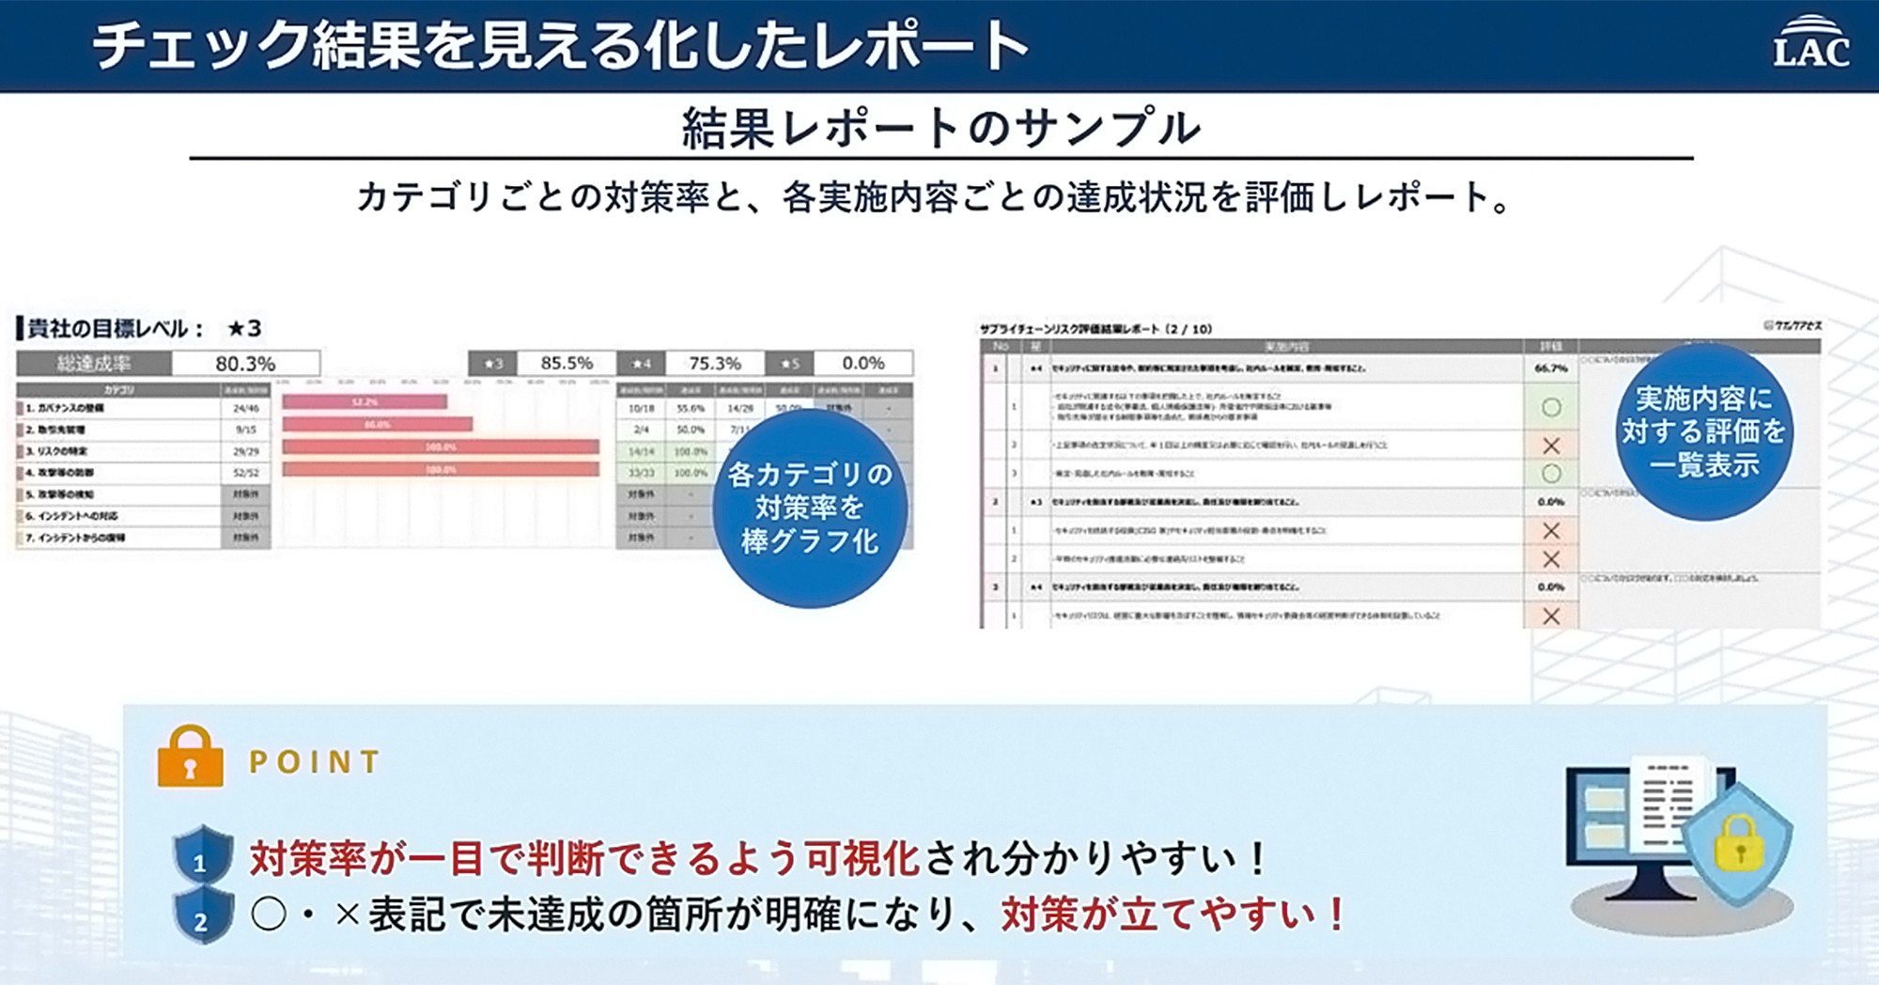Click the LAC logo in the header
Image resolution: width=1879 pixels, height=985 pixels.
pos(1810,44)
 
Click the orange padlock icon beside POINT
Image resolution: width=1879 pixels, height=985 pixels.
pos(191,757)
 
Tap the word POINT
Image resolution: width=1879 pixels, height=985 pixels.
pos(315,761)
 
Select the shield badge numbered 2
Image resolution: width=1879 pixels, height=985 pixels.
pos(202,916)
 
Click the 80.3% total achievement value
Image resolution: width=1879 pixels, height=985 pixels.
pos(245,364)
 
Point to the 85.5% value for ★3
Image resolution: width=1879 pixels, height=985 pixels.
pos(567,363)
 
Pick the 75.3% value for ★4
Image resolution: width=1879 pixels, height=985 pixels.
pos(715,363)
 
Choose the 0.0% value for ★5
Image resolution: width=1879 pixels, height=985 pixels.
pos(862,363)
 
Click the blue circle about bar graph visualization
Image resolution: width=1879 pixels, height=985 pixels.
pos(810,508)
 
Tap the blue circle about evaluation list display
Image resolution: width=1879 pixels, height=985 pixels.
pos(1703,431)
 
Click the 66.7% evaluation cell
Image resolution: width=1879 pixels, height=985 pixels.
pos(1551,368)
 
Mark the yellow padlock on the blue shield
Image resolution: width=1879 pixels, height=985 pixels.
pos(1739,843)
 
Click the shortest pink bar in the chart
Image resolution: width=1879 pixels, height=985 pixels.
pos(365,402)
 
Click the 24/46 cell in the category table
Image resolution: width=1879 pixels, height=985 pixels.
pos(246,409)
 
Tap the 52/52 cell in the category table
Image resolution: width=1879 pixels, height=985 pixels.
pos(246,473)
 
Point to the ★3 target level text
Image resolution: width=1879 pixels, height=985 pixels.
pos(244,328)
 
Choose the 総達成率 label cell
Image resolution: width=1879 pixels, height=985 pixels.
pos(94,364)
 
